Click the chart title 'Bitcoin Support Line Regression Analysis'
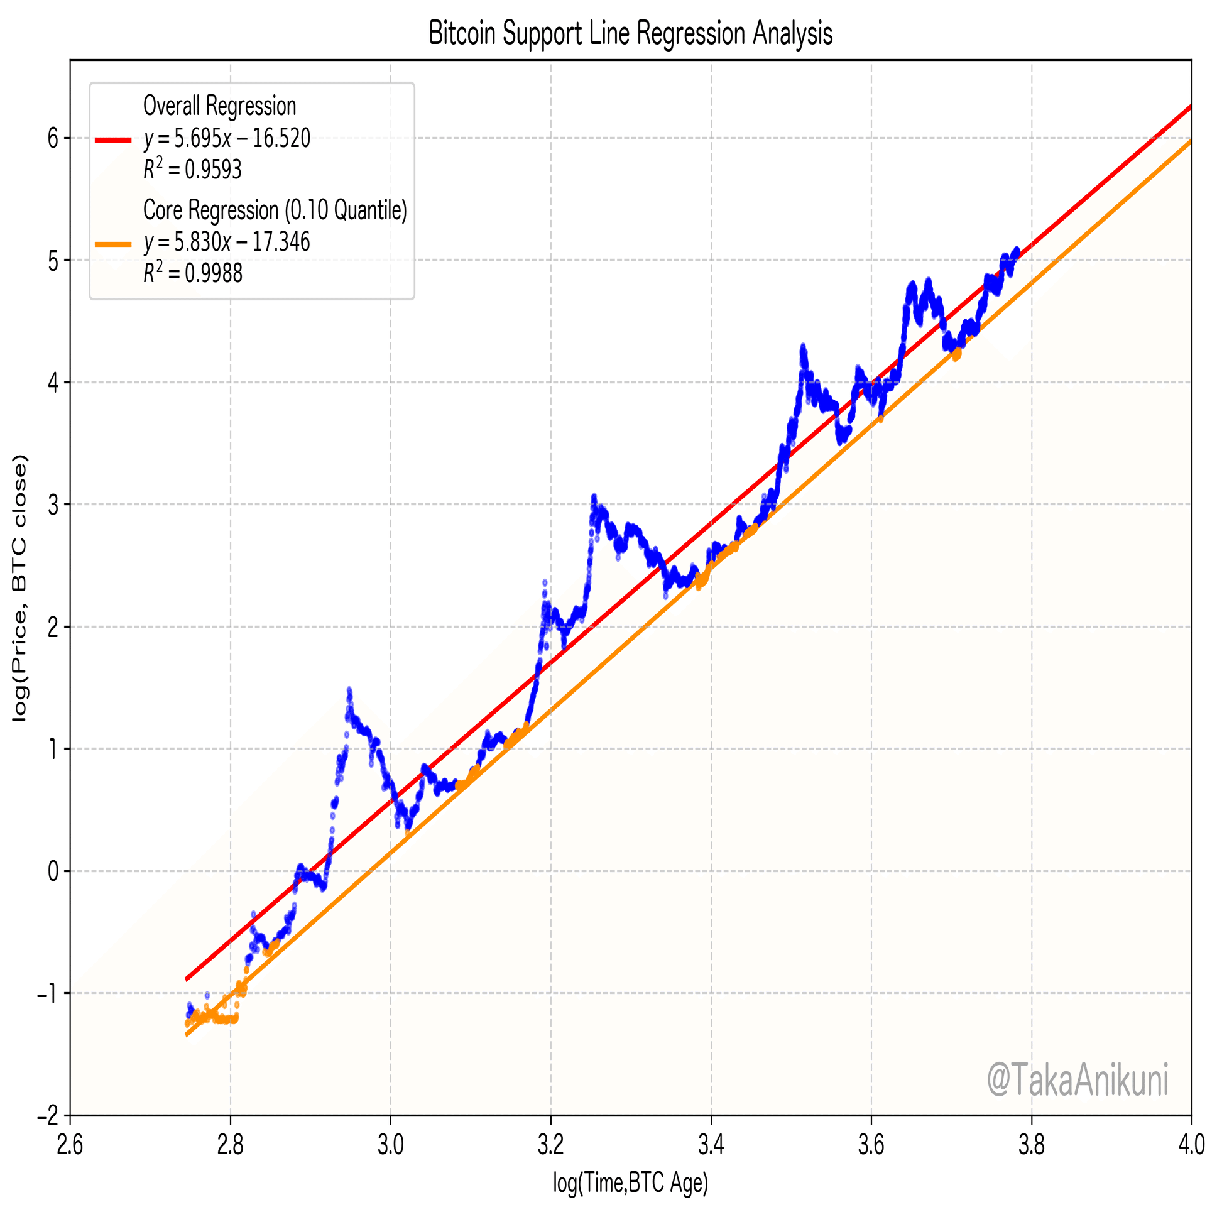coord(630,33)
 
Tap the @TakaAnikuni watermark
coord(1077,1079)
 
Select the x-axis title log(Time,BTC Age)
coord(631,1183)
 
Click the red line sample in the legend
coord(113,140)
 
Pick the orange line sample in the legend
coord(113,244)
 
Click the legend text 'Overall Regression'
coord(219,106)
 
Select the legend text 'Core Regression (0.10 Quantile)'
coord(275,210)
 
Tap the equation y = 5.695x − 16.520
coord(227,138)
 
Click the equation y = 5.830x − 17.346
coord(227,242)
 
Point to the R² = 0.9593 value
coord(192,170)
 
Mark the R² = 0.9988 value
coord(192,273)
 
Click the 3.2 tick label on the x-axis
coord(550,1144)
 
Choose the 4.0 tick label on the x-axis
coord(1191,1144)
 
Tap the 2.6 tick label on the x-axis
coord(70,1144)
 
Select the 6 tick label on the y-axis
coord(53,138)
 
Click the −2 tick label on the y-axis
coord(48,1116)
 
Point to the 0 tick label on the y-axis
coord(53,871)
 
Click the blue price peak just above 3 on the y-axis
coord(593,498)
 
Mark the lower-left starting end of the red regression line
coord(187,980)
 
